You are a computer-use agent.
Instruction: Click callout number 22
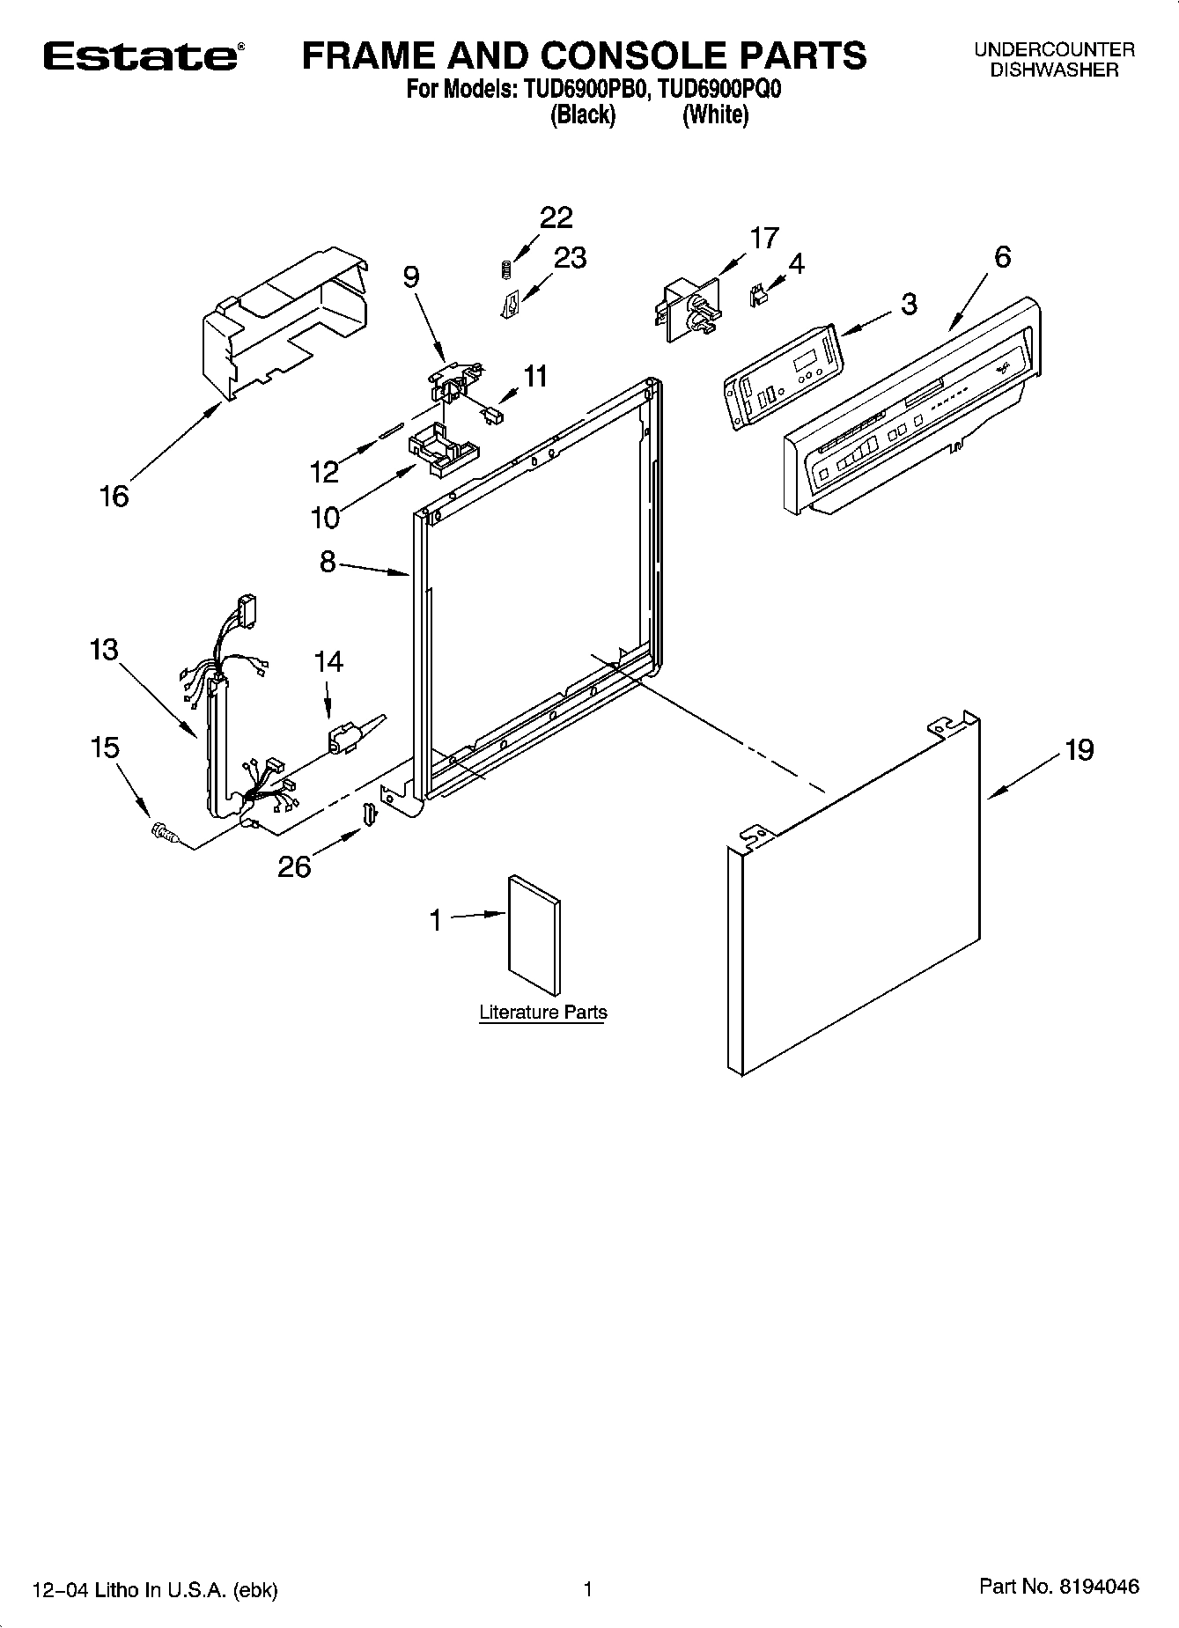point(556,217)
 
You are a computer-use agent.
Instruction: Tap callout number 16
point(114,497)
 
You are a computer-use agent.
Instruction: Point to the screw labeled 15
point(163,830)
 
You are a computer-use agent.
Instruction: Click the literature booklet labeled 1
point(534,934)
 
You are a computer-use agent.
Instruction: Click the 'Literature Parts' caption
point(542,1013)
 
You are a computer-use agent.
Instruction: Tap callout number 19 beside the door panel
point(1079,749)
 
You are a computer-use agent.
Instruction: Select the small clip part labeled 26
point(371,814)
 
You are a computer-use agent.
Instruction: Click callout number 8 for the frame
point(328,562)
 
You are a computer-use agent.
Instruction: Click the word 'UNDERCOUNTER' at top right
point(1054,50)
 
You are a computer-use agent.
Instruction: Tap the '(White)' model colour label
point(715,114)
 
